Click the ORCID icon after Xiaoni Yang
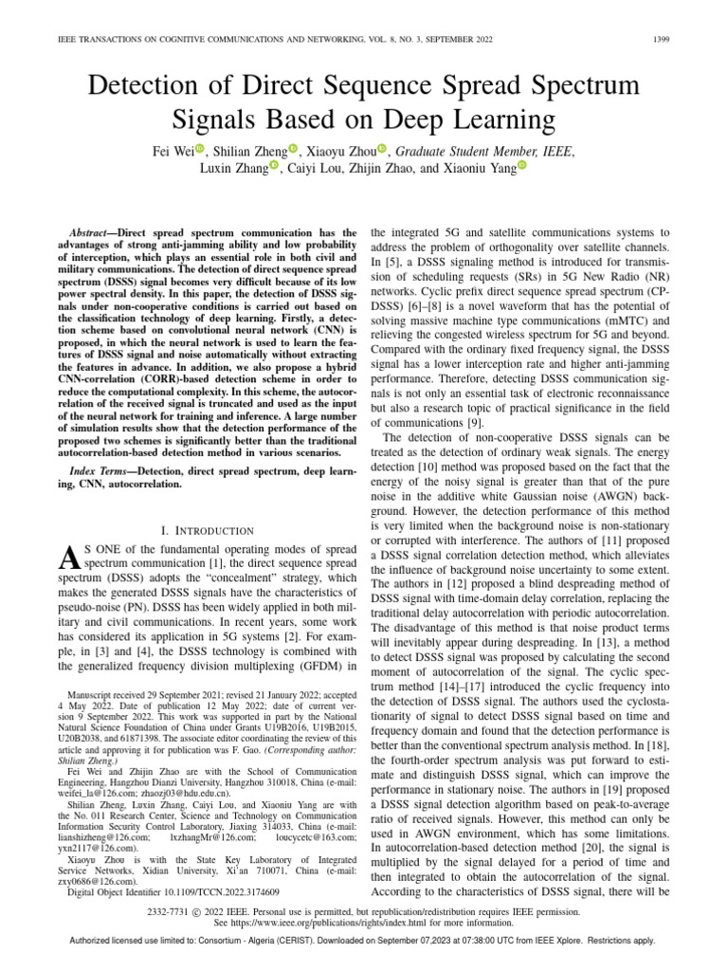tap(520, 166)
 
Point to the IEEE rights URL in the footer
tap(378, 923)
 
